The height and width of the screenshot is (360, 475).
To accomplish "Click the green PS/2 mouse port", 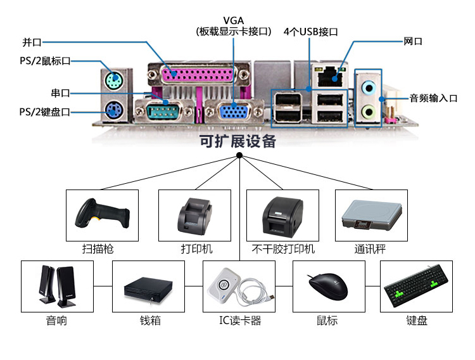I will (112, 80).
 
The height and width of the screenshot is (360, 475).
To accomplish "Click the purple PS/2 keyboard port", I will (112, 112).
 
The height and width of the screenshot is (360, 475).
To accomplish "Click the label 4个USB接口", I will (310, 32).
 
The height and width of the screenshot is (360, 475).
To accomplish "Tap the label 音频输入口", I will (433, 98).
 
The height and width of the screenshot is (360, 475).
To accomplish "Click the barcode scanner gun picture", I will (102, 214).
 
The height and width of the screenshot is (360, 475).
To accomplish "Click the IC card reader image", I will (239, 287).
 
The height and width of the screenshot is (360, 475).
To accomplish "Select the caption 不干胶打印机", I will (283, 249).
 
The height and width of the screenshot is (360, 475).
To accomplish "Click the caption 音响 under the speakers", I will (56, 321).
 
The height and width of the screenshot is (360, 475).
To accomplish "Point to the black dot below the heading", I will (239, 155).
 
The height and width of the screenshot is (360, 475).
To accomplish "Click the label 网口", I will (413, 42).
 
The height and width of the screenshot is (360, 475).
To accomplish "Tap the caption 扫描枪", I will (102, 249).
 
